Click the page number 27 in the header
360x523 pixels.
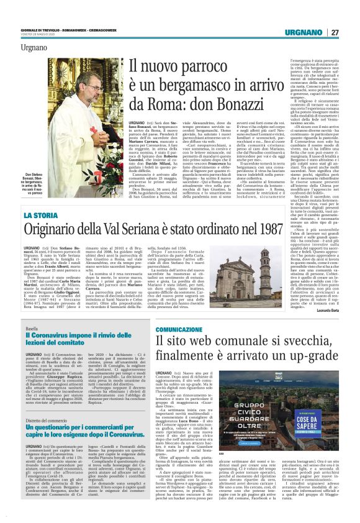click(x=335, y=32)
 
